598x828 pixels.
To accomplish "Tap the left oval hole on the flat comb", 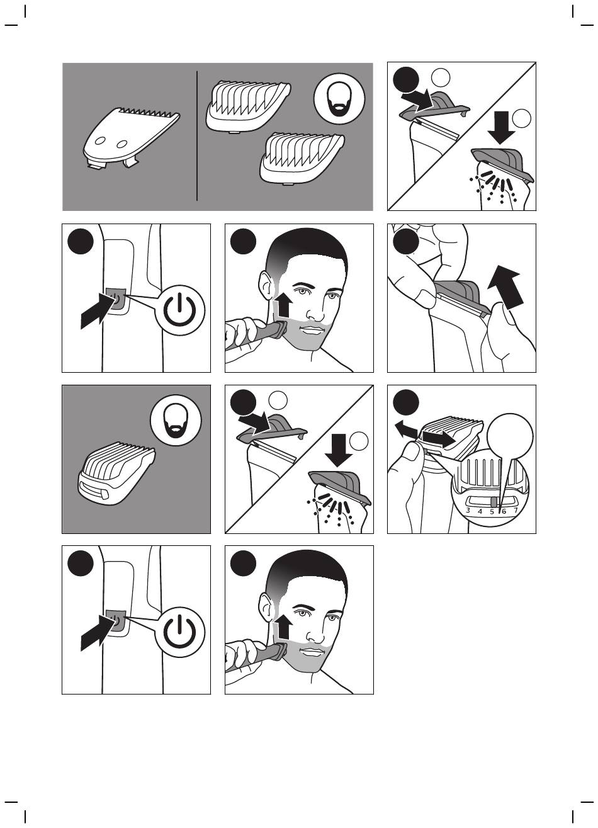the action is tap(100, 141).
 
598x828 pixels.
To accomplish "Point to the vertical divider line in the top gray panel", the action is tap(197, 136).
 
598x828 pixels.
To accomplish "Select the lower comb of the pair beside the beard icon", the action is tap(302, 158).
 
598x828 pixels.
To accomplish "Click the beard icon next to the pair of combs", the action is tap(339, 99).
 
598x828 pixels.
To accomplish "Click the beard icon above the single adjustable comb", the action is tap(176, 421).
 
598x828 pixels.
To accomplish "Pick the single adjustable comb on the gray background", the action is tap(116, 472).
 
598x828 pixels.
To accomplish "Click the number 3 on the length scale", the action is tap(468, 511).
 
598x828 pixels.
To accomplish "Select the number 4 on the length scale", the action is tap(480, 511).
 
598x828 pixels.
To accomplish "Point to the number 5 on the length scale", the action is tap(492, 512).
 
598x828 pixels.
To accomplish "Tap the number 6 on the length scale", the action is tap(504, 511).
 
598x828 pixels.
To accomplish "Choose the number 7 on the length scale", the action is tap(516, 511).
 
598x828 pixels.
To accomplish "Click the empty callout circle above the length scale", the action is tap(510, 436).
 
